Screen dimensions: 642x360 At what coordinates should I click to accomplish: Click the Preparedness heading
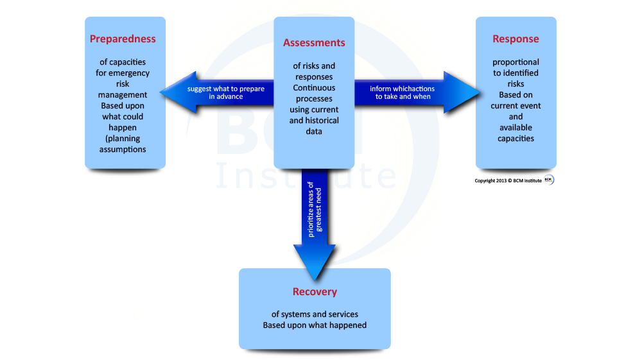coord(123,39)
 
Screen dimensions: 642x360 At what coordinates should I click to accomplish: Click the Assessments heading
coord(314,42)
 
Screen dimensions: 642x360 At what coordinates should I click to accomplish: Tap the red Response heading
coord(516,39)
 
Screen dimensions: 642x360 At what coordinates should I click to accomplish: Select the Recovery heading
coord(315,292)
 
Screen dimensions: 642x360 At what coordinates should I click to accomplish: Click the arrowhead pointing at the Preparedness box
coord(178,92)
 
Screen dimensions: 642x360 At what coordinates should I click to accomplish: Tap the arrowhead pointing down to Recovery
coord(315,262)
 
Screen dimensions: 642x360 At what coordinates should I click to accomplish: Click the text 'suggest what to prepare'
coord(226,89)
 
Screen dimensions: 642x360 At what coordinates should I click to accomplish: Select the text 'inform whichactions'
coord(402,89)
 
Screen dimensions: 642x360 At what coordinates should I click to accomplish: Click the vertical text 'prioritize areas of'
coord(311,209)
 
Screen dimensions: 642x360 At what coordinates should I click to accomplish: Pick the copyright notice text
coord(508,180)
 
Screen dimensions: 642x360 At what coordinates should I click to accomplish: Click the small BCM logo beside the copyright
coord(549,180)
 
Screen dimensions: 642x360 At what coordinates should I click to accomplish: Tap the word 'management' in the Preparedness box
coord(123,95)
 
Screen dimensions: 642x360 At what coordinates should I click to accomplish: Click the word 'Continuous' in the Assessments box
coord(314,87)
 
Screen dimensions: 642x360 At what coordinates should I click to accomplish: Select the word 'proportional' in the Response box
coord(516,62)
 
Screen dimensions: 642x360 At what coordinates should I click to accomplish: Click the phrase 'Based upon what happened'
coord(315,325)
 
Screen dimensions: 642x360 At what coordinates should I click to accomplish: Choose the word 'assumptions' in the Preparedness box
coord(123,150)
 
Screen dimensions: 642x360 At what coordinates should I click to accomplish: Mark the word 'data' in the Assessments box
coord(314,132)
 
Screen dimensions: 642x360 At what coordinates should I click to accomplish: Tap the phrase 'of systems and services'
coord(315,314)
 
